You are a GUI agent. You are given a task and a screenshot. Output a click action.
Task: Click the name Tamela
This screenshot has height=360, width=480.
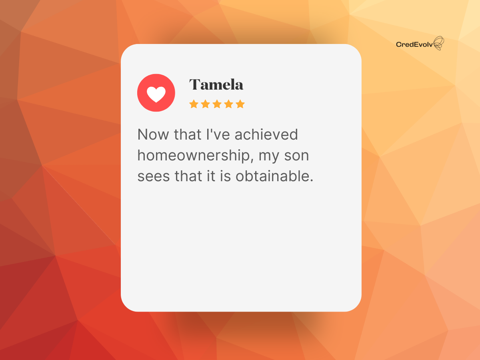point(216,84)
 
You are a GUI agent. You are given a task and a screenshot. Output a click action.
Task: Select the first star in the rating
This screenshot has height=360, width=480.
point(194,104)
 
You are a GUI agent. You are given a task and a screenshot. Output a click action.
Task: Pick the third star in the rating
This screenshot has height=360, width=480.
point(217,104)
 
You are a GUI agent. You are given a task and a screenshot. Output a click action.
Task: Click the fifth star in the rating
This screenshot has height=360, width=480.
point(240,104)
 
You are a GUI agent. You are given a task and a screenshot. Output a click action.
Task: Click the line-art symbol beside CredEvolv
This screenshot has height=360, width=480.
point(439,43)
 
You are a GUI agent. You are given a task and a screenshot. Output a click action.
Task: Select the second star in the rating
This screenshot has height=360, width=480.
point(205,104)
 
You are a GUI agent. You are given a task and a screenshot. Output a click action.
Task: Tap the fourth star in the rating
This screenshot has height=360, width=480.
point(228,104)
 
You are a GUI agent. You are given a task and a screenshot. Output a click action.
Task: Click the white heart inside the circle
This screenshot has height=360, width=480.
point(156,94)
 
